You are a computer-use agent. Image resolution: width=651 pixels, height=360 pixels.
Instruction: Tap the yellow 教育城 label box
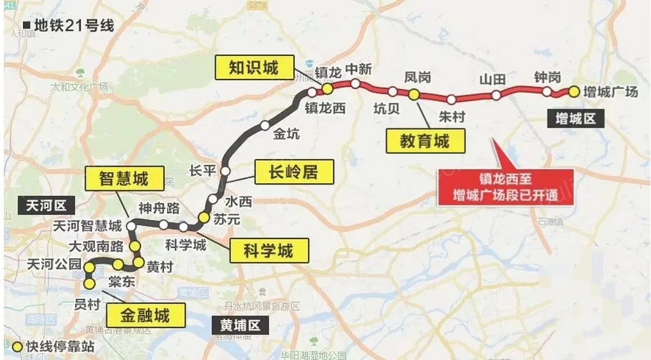(424, 141)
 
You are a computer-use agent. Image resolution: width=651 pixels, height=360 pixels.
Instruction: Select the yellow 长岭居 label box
(292, 171)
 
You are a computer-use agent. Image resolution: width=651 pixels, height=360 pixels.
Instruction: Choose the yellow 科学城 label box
(268, 251)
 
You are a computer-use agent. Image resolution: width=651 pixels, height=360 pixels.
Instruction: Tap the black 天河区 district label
(46, 205)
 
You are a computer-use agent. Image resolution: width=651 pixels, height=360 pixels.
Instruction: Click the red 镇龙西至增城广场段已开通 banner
(506, 187)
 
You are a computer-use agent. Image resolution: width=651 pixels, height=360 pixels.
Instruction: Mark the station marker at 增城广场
(573, 92)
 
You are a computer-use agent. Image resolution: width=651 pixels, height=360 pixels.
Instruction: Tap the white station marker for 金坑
(265, 125)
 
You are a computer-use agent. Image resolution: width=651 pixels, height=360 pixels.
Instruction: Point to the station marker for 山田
(496, 95)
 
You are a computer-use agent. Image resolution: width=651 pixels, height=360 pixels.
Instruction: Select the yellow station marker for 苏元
(204, 218)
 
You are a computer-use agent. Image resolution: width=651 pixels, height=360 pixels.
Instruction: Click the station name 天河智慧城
(87, 226)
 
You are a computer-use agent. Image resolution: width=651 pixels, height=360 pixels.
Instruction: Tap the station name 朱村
(452, 118)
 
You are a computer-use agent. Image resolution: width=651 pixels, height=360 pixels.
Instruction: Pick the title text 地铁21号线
(73, 26)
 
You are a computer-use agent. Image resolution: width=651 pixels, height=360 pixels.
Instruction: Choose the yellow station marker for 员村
(89, 283)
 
